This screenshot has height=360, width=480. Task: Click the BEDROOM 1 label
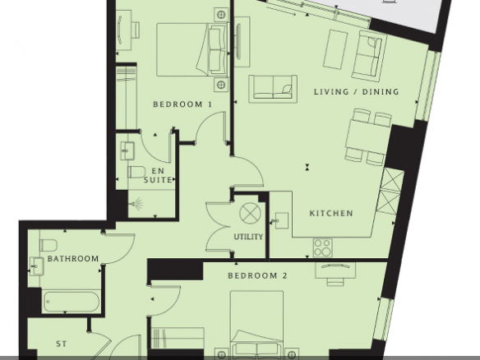coord(182,104)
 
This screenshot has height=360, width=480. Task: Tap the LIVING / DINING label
coord(357,91)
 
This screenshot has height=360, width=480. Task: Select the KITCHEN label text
coord(331,213)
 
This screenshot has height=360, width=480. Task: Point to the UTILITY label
coord(248,237)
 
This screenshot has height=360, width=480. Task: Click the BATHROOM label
coord(73,259)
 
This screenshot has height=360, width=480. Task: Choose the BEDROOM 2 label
coord(258,276)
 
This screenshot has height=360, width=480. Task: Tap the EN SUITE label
coord(158,175)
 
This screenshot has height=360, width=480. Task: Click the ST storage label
coord(61,344)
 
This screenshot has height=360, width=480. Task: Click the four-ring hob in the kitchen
coord(323,247)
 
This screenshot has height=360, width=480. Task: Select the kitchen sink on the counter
coord(281,220)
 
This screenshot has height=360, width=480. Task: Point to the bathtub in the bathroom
coord(71,302)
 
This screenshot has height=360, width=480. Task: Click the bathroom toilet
coord(48,245)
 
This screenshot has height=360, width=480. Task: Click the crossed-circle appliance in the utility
coord(250,213)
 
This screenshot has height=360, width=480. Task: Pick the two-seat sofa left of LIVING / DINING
coord(273,89)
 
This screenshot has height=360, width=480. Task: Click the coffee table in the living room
coord(335,49)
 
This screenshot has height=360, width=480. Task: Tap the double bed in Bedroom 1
coord(192,49)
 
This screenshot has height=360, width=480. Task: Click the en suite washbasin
coord(127,150)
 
